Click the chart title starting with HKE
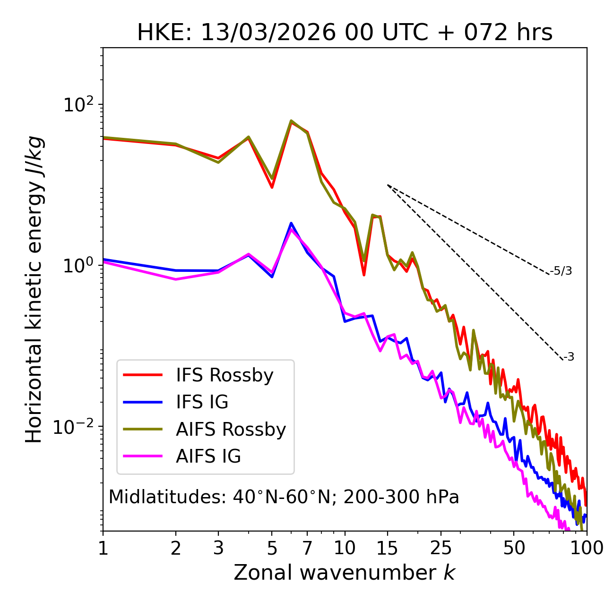[345, 33]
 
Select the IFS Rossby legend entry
[225, 375]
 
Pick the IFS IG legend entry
[202, 402]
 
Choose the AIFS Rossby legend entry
[231, 430]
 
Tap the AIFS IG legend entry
[208, 456]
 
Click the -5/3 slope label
[561, 271]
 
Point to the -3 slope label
[569, 357]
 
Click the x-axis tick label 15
[388, 548]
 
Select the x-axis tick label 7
[307, 548]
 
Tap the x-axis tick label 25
[441, 548]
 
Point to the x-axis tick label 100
[587, 548]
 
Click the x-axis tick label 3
[218, 548]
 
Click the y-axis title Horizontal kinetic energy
[34, 289]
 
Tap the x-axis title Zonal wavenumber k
[345, 573]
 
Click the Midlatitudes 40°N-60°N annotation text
[284, 497]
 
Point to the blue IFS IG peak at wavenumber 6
[291, 223]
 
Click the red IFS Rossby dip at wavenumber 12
[364, 275]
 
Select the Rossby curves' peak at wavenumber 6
[291, 121]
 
